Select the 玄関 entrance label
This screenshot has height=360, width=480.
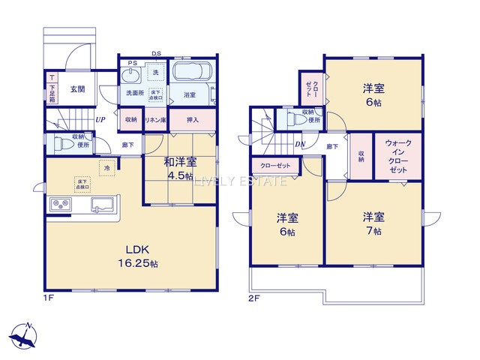click(78, 88)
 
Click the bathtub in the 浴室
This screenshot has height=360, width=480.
click(193, 76)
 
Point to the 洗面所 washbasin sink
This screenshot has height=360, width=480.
click(131, 76)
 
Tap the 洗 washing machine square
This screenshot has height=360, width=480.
click(156, 73)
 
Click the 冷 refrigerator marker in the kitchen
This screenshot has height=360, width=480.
click(108, 168)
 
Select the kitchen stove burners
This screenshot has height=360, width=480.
click(59, 205)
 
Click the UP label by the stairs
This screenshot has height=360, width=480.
click(100, 118)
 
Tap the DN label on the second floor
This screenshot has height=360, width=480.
click(300, 145)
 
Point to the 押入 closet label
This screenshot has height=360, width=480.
click(192, 119)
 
